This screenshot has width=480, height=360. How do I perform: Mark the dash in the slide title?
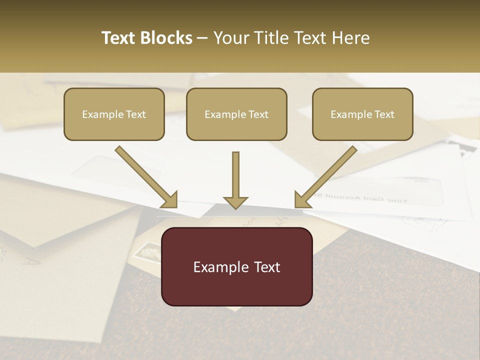(203, 38)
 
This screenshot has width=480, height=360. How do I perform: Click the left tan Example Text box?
(114, 114)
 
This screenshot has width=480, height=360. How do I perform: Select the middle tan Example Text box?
(236, 114)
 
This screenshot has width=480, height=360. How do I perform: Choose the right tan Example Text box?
(362, 114)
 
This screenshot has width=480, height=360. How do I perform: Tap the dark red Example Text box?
(236, 266)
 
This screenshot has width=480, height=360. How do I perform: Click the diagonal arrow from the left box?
(145, 175)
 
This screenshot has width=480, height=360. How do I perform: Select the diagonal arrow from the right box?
(327, 175)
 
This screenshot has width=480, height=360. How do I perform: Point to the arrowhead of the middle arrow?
(235, 202)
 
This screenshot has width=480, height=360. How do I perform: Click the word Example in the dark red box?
(217, 267)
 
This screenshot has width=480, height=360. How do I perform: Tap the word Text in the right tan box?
(383, 114)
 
